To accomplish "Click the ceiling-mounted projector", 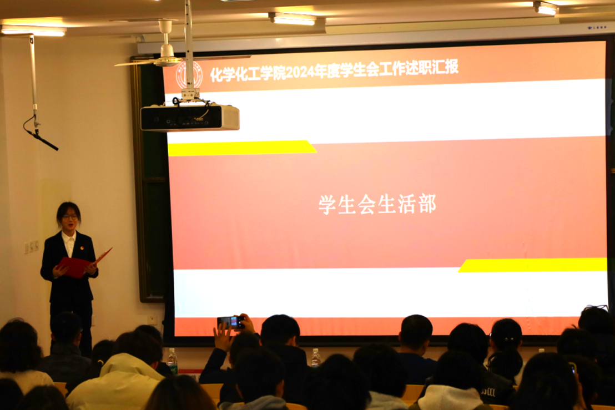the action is [190, 117].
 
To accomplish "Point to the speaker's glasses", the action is [70, 217].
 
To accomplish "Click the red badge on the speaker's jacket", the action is [81, 248].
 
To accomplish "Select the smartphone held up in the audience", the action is [231, 322].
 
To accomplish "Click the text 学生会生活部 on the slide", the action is [377, 204].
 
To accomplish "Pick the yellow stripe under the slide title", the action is [241, 148].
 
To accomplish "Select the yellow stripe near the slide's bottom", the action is [533, 265].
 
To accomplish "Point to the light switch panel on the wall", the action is [32, 246].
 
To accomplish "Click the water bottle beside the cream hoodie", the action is [172, 361].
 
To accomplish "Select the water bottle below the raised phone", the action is [315, 358].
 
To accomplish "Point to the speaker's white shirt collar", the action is [69, 237].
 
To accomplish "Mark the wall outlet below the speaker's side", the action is [151, 320].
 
